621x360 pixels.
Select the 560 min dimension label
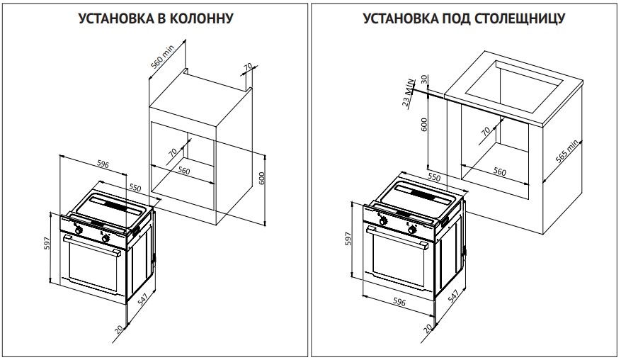[162, 57]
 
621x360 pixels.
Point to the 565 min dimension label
[567, 152]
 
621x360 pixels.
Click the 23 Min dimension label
[409, 93]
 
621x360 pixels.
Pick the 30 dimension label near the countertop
[424, 79]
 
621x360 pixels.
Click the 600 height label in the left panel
[261, 179]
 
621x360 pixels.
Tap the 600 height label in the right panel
[423, 125]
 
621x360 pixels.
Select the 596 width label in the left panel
[103, 164]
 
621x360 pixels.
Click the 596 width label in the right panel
[399, 303]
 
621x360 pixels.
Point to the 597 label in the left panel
[47, 244]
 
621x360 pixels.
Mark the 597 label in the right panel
[348, 238]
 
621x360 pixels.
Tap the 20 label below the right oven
[428, 328]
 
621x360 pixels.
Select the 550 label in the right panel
[435, 177]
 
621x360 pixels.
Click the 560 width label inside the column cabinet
[184, 171]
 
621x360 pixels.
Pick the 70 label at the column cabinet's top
[248, 67]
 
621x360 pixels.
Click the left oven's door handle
[92, 246]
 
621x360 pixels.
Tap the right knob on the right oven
[412, 229]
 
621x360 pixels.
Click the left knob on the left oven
[79, 230]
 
